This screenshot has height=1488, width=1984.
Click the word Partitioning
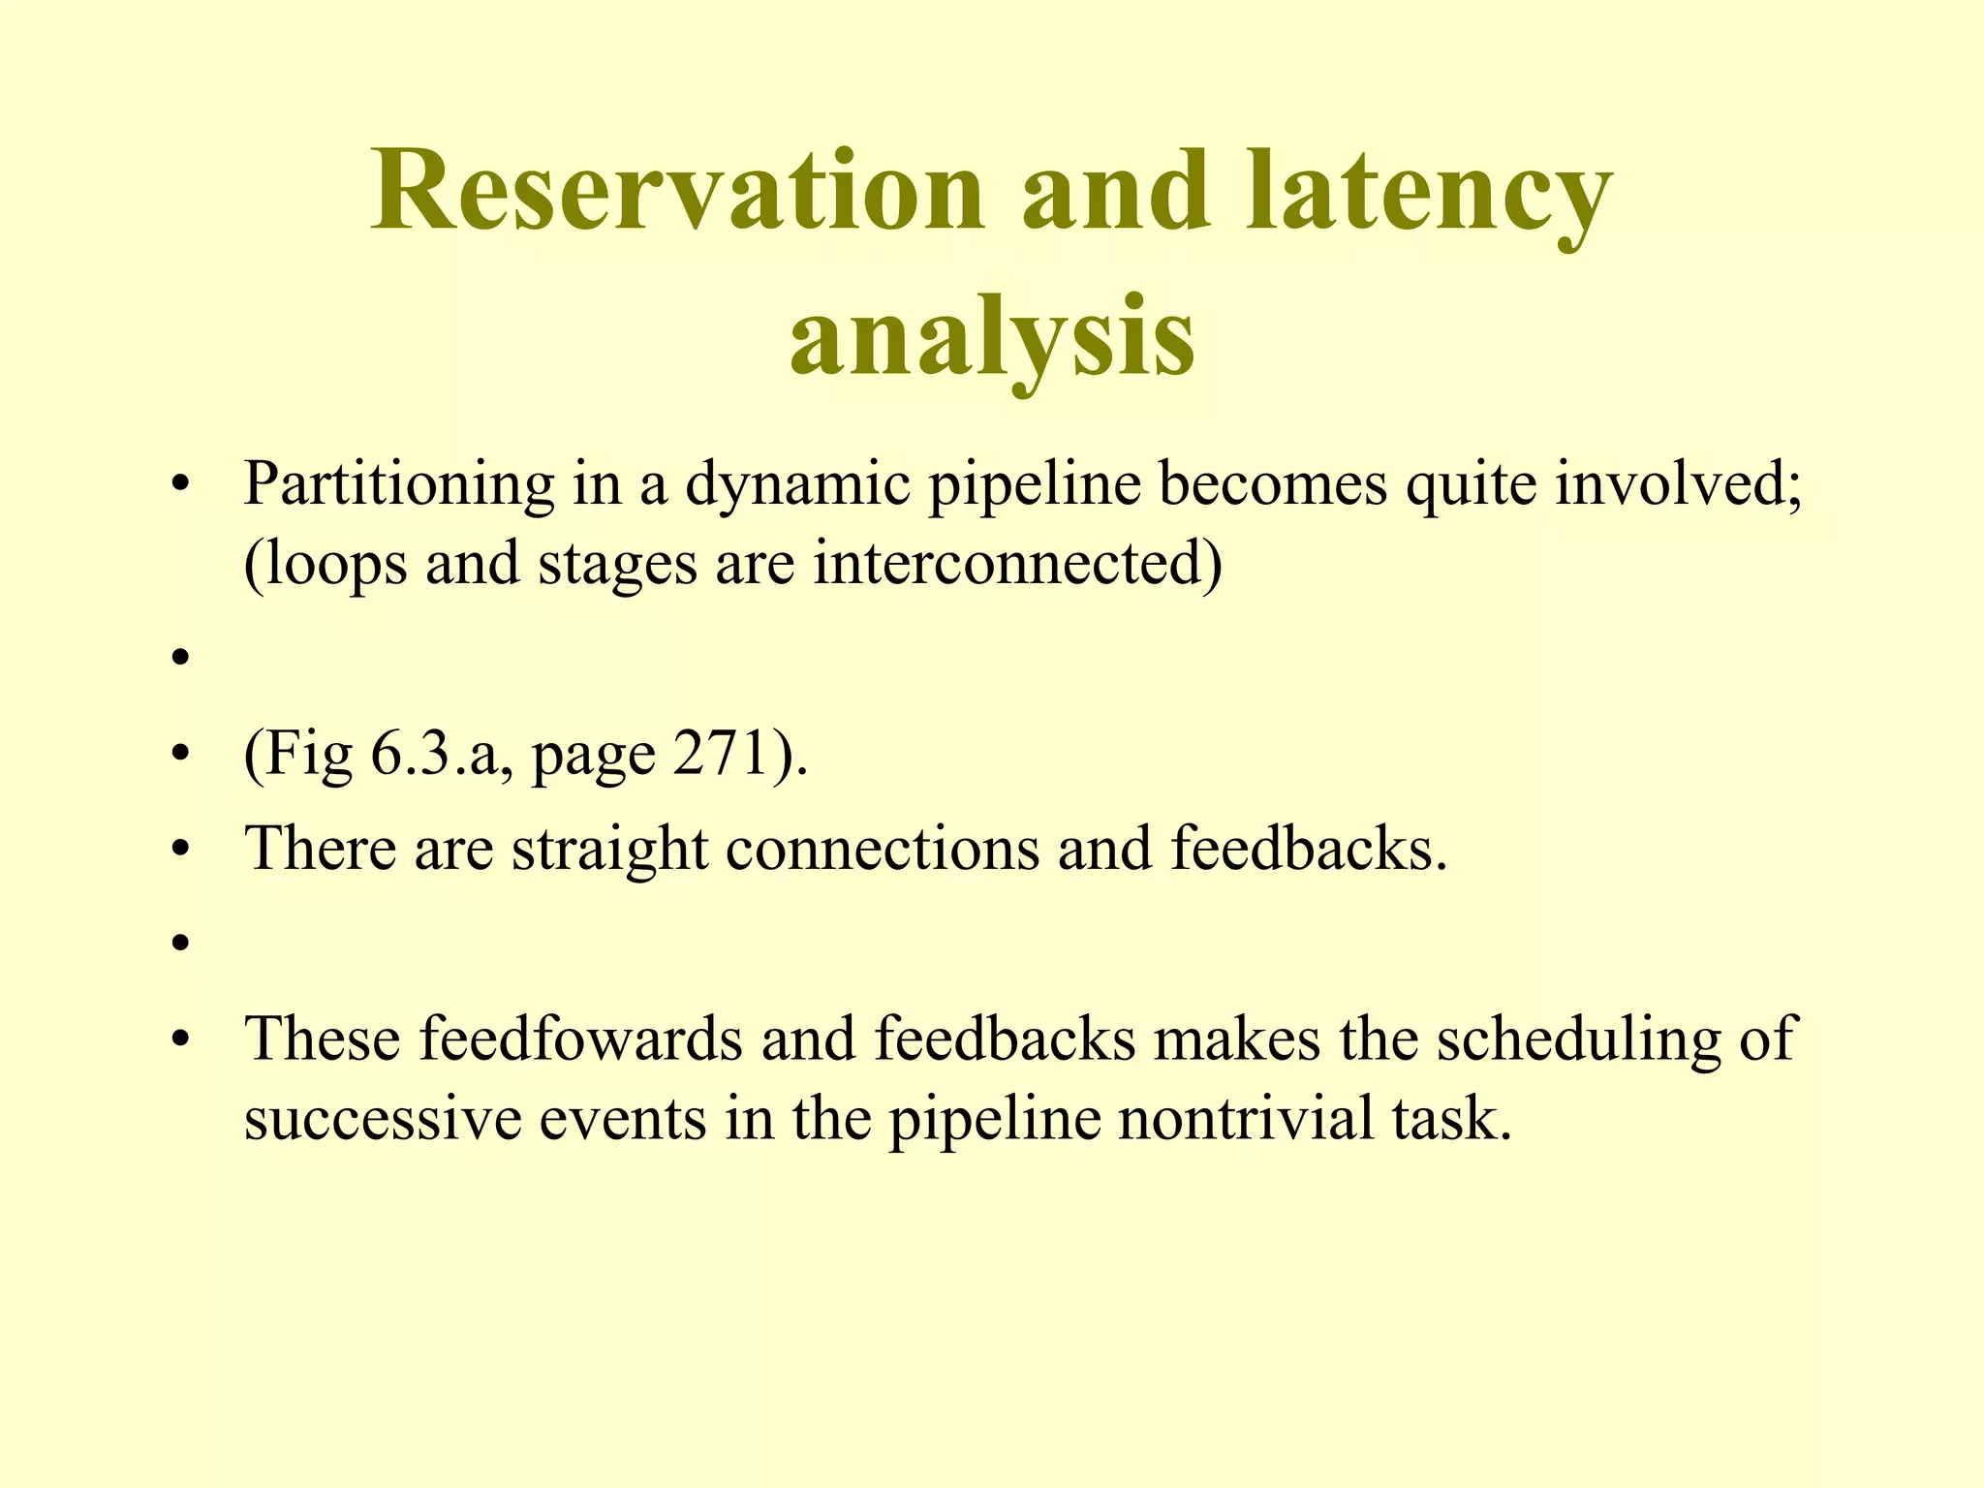click(x=398, y=483)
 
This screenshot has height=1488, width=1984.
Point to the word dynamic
click(x=797, y=483)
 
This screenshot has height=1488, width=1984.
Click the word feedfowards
click(x=580, y=1038)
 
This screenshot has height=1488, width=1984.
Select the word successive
click(x=382, y=1119)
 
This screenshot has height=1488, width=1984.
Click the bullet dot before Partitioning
click(x=178, y=485)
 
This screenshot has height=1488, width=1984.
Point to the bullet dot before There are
click(x=178, y=851)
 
